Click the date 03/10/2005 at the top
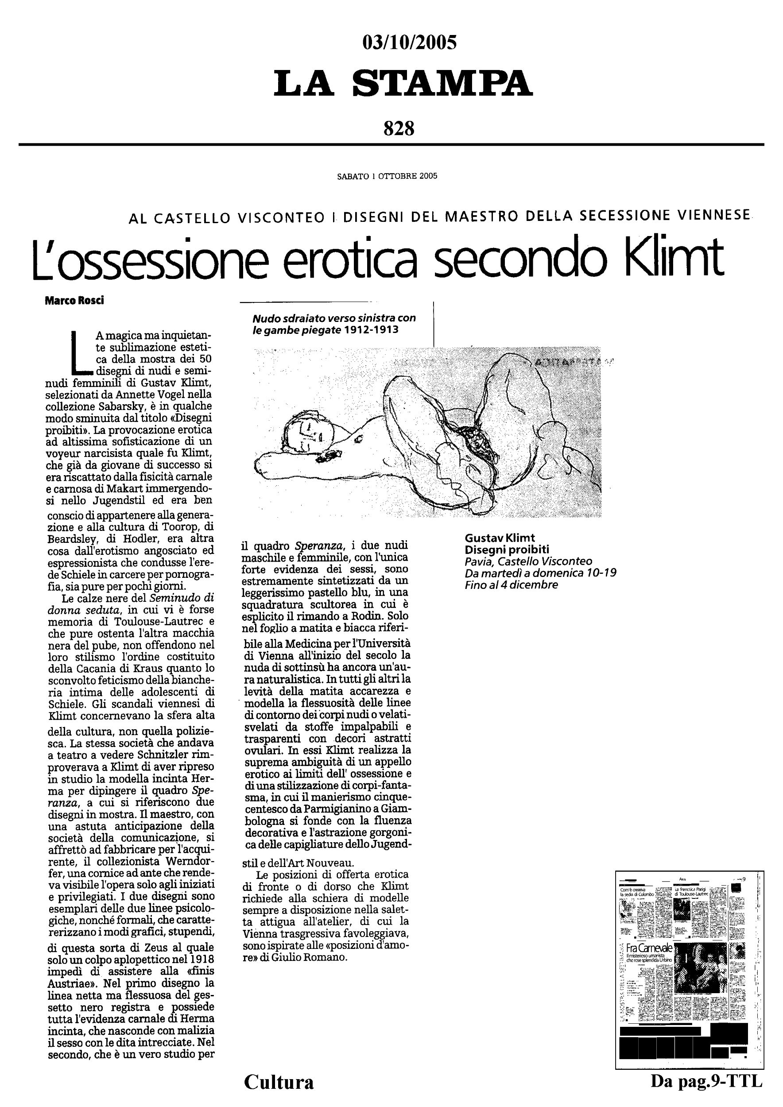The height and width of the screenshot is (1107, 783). click(409, 43)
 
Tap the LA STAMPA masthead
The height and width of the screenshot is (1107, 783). click(403, 83)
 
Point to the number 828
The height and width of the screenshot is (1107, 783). click(399, 128)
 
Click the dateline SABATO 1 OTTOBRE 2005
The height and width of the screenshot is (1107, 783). click(387, 176)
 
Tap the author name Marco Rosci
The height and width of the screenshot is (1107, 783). click(74, 300)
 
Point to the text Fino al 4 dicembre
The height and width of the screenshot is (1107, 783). click(511, 585)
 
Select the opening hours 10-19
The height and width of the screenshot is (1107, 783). click(603, 573)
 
